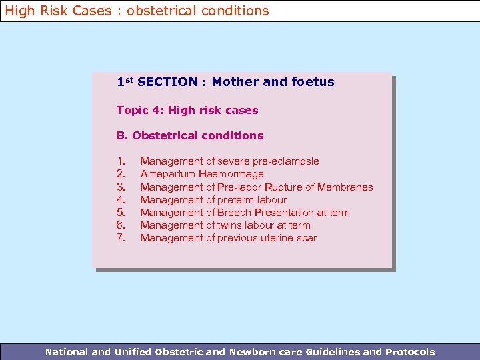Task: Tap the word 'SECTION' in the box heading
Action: coord(167,82)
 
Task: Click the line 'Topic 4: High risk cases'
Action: coord(187,111)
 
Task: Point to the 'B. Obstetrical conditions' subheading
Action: coord(190,136)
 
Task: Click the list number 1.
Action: coord(121,161)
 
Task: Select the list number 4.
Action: coord(121,199)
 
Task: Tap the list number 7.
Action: coord(121,238)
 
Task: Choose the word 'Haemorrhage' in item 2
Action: coord(231,174)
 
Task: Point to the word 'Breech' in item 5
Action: coord(235,213)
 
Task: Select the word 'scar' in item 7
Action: coord(305,238)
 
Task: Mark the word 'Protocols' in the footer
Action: coord(409,352)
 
